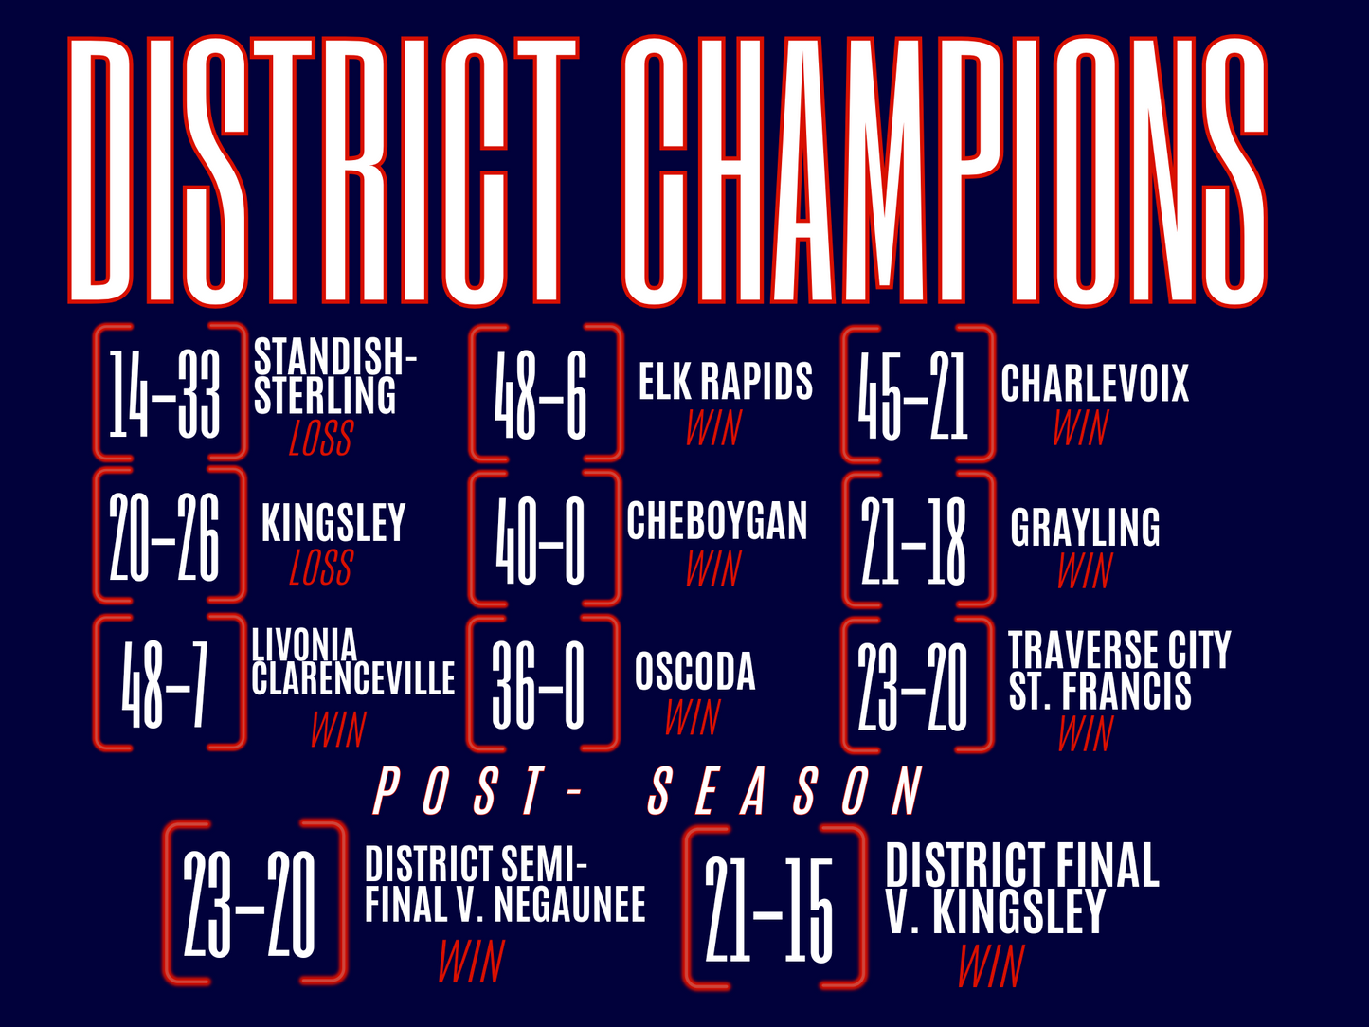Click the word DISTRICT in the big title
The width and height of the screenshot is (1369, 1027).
click(x=322, y=171)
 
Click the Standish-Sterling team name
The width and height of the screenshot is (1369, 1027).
click(x=333, y=377)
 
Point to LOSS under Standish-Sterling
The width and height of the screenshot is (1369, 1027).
click(x=320, y=439)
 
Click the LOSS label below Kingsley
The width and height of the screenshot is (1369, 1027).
click(x=320, y=568)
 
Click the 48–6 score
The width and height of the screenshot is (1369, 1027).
click(x=541, y=393)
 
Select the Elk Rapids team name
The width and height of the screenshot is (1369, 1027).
click(x=725, y=382)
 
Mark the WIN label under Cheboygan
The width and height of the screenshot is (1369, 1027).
click(x=713, y=569)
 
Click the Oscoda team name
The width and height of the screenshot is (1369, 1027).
click(x=694, y=672)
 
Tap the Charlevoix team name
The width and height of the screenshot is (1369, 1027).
click(x=1094, y=384)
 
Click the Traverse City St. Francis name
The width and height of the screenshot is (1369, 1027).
click(x=1118, y=671)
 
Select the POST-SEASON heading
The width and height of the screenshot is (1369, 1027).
click(x=649, y=791)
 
